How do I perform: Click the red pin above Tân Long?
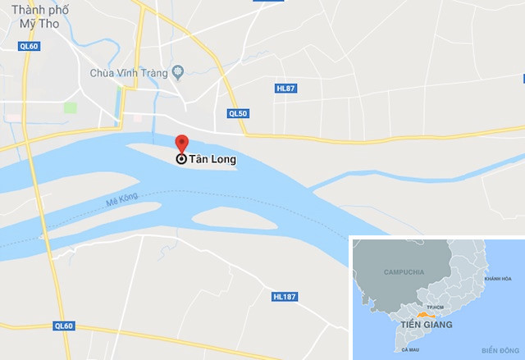pyautogui.click(x=181, y=144)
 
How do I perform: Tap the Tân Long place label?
pyautogui.click(x=212, y=161)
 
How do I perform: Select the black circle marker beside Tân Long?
pyautogui.click(x=181, y=160)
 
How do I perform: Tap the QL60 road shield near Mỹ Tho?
pyautogui.click(x=30, y=46)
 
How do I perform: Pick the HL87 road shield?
pyautogui.click(x=285, y=89)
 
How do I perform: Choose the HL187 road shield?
pyautogui.click(x=284, y=295)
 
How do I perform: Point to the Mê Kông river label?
pyautogui.click(x=122, y=199)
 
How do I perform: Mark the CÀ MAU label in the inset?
pyautogui.click(x=410, y=349)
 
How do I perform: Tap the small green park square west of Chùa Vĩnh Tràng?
pyautogui.click(x=71, y=107)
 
